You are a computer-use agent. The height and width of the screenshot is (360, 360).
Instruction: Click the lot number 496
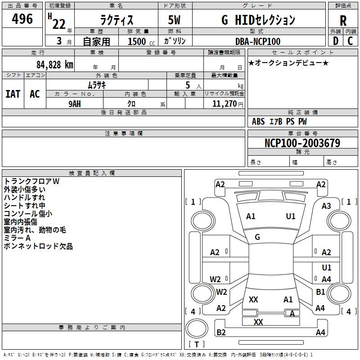tap(22, 18)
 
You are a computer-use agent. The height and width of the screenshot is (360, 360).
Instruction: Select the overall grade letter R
tap(343, 21)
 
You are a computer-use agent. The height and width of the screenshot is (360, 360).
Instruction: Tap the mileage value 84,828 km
tap(55, 64)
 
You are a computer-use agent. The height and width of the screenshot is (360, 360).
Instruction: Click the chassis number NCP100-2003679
tap(302, 143)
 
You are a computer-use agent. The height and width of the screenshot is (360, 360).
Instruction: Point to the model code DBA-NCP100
tap(258, 41)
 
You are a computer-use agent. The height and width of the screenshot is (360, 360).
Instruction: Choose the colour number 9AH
tap(75, 104)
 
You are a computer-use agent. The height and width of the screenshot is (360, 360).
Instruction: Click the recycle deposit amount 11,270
tap(224, 104)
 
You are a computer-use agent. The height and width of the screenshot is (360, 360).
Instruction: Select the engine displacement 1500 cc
tap(141, 41)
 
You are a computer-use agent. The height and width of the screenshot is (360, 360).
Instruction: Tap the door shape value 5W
tap(174, 20)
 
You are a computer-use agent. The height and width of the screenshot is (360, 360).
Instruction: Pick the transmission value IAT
tap(13, 94)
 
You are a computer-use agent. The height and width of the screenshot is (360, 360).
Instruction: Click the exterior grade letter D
tap(336, 41)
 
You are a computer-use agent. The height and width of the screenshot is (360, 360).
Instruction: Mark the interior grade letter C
tap(350, 41)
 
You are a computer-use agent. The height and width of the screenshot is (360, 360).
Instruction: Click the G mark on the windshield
tap(257, 237)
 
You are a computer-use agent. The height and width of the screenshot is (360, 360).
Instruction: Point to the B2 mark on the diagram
tap(221, 332)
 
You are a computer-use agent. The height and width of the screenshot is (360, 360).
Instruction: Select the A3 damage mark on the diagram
tap(326, 206)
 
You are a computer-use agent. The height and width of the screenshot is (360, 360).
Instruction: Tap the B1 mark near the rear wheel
tap(320, 292)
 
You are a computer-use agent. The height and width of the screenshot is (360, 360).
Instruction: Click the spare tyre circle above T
tap(197, 328)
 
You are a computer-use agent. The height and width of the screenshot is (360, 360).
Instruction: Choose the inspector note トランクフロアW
tap(31, 181)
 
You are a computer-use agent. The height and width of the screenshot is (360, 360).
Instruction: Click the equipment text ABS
tap(258, 121)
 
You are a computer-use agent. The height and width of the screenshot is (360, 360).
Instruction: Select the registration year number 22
tap(59, 24)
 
